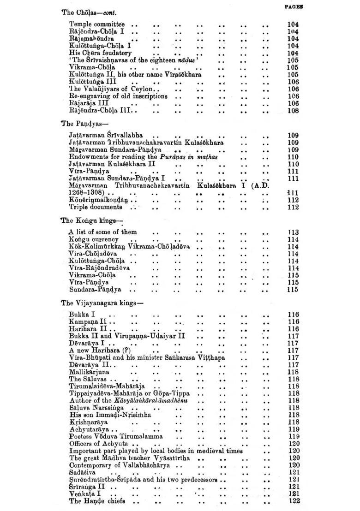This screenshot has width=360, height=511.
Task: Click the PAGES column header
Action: point(293,7)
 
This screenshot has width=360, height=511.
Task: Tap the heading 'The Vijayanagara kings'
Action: point(102,303)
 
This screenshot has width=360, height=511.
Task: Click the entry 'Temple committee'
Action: point(96,24)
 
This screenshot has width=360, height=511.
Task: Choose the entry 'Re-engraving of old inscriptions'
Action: point(118,96)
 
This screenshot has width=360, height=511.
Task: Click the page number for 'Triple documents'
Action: point(293,208)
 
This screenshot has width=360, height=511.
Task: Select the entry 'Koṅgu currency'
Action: point(93,239)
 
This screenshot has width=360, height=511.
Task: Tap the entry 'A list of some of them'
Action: point(102,232)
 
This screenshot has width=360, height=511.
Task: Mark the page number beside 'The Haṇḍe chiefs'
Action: point(294,501)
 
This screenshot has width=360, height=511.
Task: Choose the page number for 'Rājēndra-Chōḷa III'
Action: point(293,111)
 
